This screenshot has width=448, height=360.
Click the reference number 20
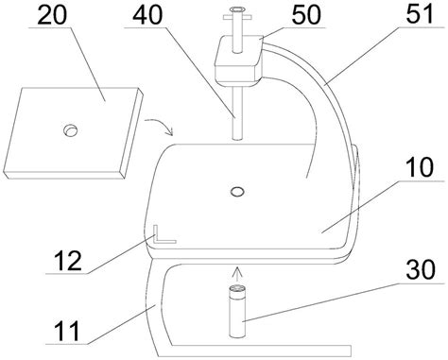[x=52, y=15]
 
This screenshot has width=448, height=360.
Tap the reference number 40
[x=147, y=15]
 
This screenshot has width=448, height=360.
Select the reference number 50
[x=306, y=15]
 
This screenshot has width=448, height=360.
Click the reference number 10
[x=420, y=167]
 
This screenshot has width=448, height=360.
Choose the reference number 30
[x=421, y=269]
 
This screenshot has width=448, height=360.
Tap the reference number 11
[x=66, y=331]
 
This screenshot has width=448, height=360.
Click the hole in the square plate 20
[x=70, y=130]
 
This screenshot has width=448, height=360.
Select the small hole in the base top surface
[x=237, y=191]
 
